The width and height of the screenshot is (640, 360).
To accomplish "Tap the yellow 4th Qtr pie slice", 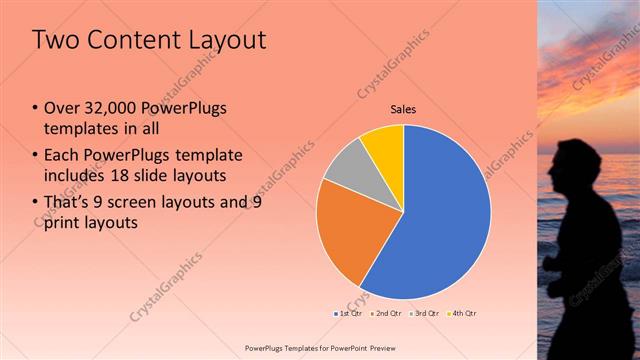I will point(384,142).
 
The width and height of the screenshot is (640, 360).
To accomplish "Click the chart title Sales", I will point(402,109).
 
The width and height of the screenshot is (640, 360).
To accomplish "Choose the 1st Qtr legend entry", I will point(348,314).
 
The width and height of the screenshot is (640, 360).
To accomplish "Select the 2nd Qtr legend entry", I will point(388,314).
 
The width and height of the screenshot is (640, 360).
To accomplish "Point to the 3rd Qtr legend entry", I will point(425,314).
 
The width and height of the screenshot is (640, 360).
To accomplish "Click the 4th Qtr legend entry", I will point(463,314).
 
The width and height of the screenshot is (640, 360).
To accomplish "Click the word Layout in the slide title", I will point(221,40).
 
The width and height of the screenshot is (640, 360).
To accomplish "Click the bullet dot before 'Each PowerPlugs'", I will point(37,156).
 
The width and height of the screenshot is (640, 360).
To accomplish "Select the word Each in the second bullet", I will point(63,155).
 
